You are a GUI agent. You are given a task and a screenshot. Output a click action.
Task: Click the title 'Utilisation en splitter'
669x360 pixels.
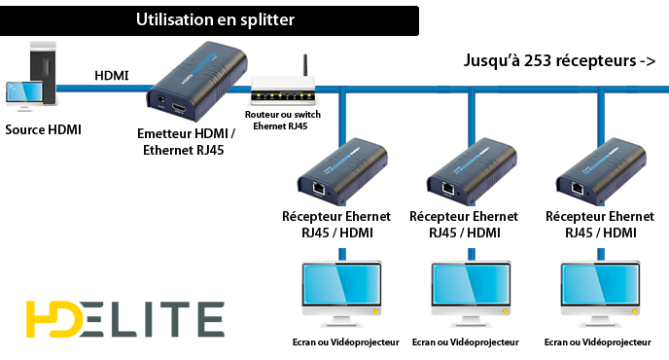click(215, 19)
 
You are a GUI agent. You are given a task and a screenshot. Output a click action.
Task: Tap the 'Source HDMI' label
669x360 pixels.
click(43, 129)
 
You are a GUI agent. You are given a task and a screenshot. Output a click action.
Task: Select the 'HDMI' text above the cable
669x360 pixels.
click(113, 75)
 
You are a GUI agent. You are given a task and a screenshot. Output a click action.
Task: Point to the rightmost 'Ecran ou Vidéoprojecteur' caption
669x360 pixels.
click(597, 342)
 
